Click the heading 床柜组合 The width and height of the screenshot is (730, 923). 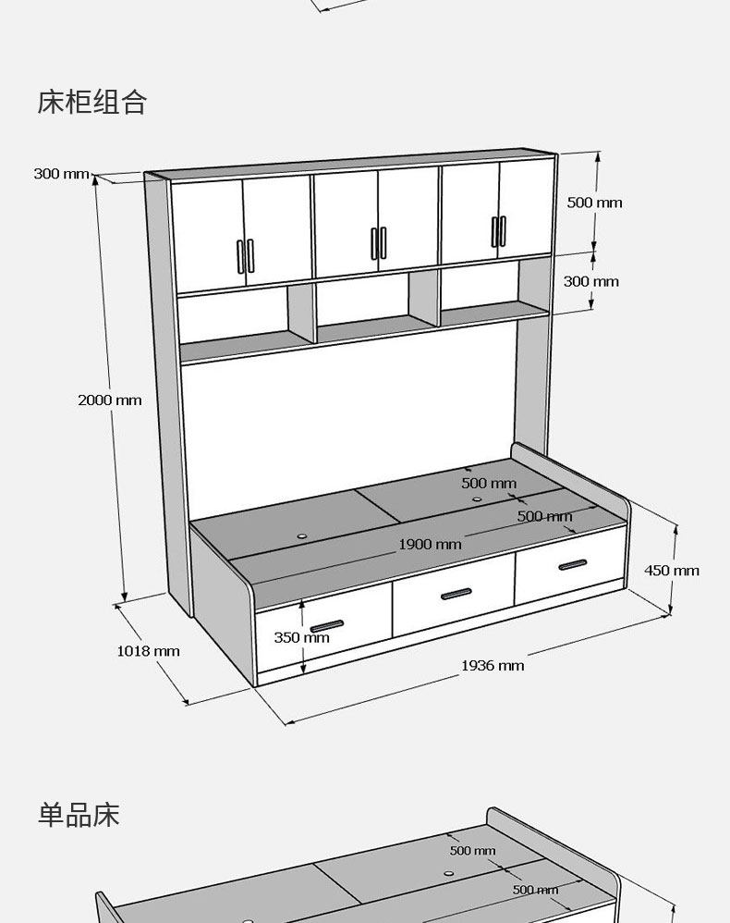tap(92, 102)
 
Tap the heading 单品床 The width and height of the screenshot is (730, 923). tap(79, 816)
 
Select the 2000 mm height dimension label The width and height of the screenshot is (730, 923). tap(110, 400)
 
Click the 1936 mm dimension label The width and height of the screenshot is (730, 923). tap(493, 665)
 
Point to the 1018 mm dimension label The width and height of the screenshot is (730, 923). tap(148, 651)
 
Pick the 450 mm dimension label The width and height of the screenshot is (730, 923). tap(672, 570)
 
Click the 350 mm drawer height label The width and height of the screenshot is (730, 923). tap(301, 637)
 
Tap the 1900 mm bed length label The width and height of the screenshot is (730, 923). tap(430, 544)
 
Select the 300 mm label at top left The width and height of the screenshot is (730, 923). tap(61, 173)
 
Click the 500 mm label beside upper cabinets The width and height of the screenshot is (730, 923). tap(594, 203)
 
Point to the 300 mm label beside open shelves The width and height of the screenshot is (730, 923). tap(591, 281)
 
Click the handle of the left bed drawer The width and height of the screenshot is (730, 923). tap(326, 626)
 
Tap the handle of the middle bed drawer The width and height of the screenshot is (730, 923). tap(456, 594)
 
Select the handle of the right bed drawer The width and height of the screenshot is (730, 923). tap(572, 564)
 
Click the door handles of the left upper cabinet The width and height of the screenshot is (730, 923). tap(246, 255)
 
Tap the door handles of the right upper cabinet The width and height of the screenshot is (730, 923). tap(499, 230)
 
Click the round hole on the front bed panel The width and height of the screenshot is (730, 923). tap(302, 535)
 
